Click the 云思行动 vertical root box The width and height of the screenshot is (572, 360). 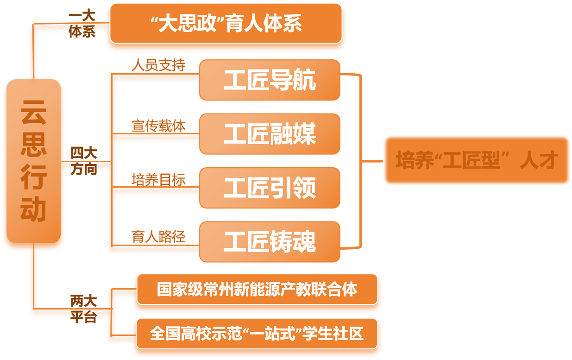(x=33, y=161)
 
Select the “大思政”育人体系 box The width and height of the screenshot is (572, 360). (x=226, y=24)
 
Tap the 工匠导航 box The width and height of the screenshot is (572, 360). (x=270, y=80)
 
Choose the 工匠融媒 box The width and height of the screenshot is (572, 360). (x=270, y=134)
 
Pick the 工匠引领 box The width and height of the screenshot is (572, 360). (x=270, y=188)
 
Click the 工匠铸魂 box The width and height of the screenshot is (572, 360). (x=270, y=242)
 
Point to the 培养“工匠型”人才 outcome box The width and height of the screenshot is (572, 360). (x=477, y=160)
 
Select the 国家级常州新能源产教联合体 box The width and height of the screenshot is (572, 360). (x=257, y=290)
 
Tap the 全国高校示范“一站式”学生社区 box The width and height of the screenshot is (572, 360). (x=257, y=334)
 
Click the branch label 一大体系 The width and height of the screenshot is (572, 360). (x=82, y=24)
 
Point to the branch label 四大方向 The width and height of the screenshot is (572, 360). (x=84, y=161)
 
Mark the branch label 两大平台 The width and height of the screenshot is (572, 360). (x=84, y=309)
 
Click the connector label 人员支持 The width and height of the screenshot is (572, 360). (x=158, y=65)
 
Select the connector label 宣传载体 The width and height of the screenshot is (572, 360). (x=158, y=126)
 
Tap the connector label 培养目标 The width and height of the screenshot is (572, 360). (x=158, y=180)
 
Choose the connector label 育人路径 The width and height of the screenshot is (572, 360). (x=158, y=237)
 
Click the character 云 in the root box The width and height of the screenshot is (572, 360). (x=33, y=113)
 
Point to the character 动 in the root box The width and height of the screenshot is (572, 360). (x=33, y=209)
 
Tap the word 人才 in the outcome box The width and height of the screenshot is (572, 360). (x=538, y=160)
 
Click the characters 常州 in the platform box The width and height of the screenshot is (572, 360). (x=218, y=290)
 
